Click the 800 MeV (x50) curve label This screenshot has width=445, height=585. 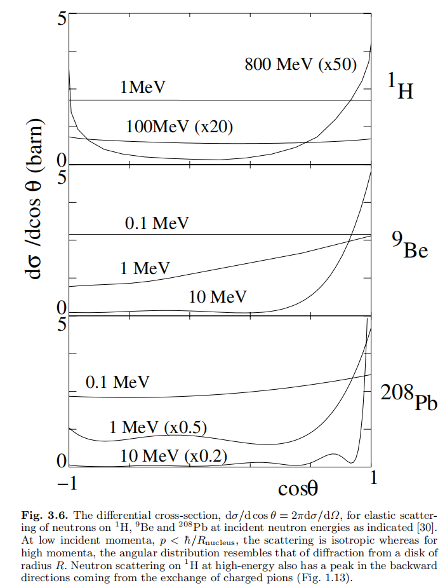[x=301, y=64]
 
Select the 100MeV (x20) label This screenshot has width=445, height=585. [x=180, y=126]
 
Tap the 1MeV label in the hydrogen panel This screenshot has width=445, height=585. [x=143, y=88]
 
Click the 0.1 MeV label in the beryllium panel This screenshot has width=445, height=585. [x=157, y=223]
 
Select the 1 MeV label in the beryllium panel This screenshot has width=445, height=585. [x=145, y=268]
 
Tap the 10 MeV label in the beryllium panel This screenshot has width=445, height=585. [x=217, y=296]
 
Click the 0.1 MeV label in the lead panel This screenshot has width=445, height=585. [x=117, y=382]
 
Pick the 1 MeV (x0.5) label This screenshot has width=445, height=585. [x=158, y=427]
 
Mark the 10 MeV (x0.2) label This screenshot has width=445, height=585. [x=173, y=455]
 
